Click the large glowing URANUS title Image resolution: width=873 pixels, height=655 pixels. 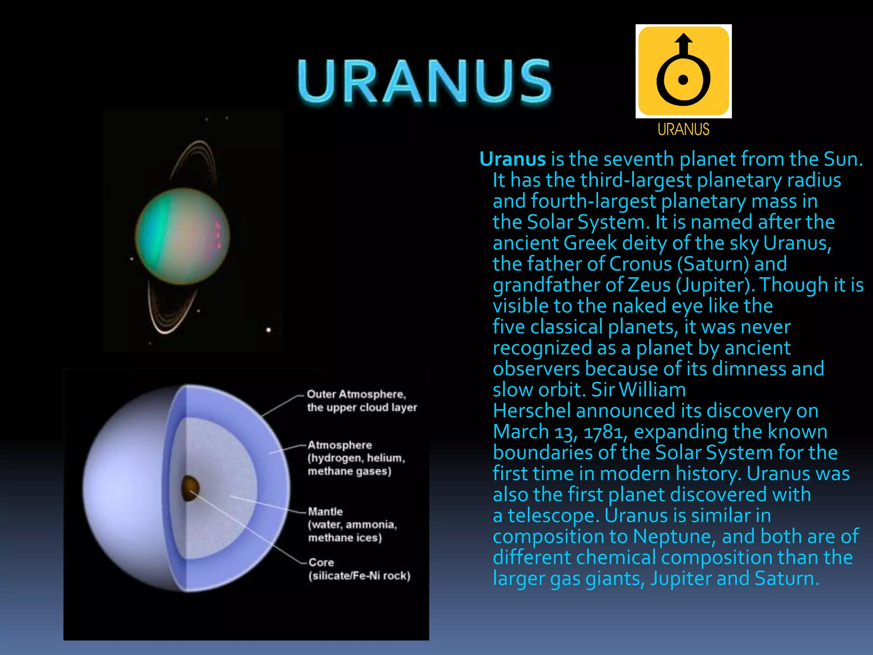(424, 81)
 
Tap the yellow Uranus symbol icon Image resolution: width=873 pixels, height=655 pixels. (683, 71)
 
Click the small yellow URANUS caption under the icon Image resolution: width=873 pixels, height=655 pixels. (683, 129)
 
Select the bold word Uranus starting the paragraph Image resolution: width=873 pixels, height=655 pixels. (512, 159)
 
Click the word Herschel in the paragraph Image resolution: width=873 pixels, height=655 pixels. (532, 411)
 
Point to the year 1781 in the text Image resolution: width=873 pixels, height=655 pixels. (605, 432)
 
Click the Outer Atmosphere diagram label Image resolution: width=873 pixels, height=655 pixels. (356, 394)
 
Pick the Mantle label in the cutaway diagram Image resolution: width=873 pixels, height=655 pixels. (325, 511)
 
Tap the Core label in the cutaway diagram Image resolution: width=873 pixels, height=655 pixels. (321, 562)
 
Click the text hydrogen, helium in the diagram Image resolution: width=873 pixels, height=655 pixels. (356, 458)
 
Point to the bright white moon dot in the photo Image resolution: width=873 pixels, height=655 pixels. (269, 330)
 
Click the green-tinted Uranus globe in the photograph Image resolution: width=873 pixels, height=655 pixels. (182, 236)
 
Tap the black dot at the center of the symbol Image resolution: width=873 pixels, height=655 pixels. (683, 80)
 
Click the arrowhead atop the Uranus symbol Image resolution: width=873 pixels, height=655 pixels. (683, 38)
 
